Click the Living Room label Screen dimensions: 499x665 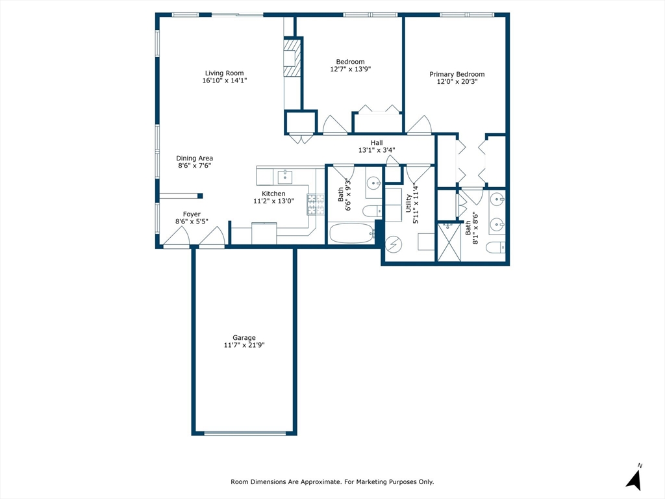coord(224,73)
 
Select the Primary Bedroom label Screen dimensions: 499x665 coord(457,74)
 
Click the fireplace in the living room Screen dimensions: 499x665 coord(293,58)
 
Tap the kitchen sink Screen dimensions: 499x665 coord(284,177)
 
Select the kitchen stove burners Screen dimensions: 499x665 coord(316,204)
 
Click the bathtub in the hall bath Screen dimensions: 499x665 coord(351,233)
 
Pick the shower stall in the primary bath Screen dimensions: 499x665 coord(449,242)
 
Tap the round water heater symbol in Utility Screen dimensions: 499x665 coord(394,244)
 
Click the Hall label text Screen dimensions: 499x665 coord(377,143)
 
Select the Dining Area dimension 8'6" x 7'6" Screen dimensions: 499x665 coord(194,166)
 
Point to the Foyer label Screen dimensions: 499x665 coord(191,214)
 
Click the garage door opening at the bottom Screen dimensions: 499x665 coord(244,432)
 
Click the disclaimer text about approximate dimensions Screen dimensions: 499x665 coord(332,481)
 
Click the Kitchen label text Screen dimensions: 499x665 coord(273,194)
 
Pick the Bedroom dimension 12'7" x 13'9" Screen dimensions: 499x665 coord(350,69)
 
